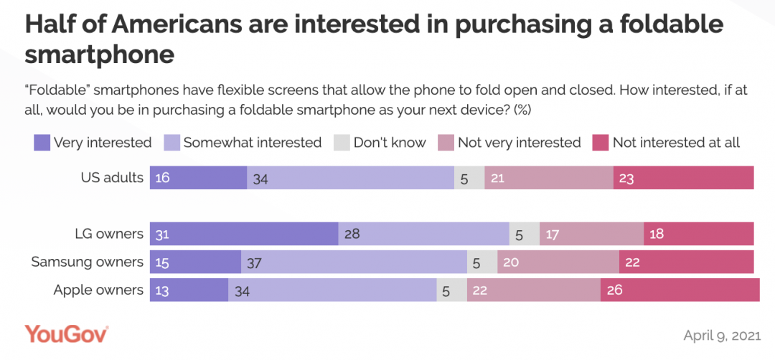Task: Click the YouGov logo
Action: click(66, 334)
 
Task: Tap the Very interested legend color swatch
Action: click(42, 143)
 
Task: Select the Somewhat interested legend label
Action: click(252, 143)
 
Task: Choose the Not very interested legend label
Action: click(519, 143)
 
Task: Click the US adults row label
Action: click(112, 177)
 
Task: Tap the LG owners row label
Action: click(109, 234)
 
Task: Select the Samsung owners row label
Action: click(88, 262)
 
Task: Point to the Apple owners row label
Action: click(99, 290)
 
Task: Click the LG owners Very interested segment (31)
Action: click(244, 234)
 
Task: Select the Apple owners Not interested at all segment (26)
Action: click(680, 290)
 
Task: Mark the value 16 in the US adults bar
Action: click(163, 178)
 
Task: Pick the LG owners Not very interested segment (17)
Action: click(591, 234)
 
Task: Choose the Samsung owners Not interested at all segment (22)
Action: click(686, 262)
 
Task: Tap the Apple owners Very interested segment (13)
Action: click(189, 290)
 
